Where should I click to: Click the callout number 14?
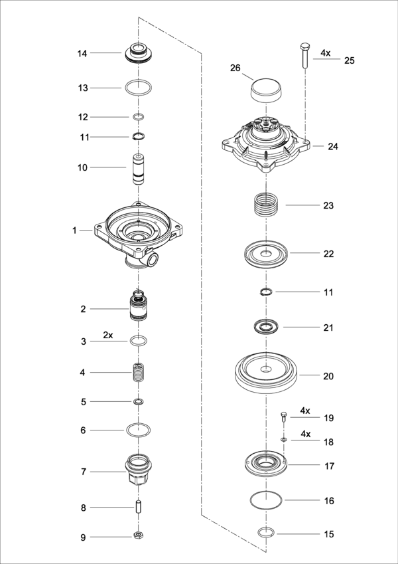tap(82, 52)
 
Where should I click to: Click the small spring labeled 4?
tap(139, 372)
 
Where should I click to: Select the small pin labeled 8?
tap(139, 507)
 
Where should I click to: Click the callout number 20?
tap(328, 376)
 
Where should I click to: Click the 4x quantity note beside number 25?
tap(325, 52)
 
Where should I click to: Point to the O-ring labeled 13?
tap(139, 87)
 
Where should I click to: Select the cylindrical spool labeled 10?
tap(139, 167)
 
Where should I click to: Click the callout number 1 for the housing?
tap(75, 230)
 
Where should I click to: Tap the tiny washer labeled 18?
tap(284, 440)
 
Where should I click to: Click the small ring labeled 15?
tap(265, 532)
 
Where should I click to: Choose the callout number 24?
tap(333, 147)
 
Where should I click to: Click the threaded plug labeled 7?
tap(139, 470)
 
